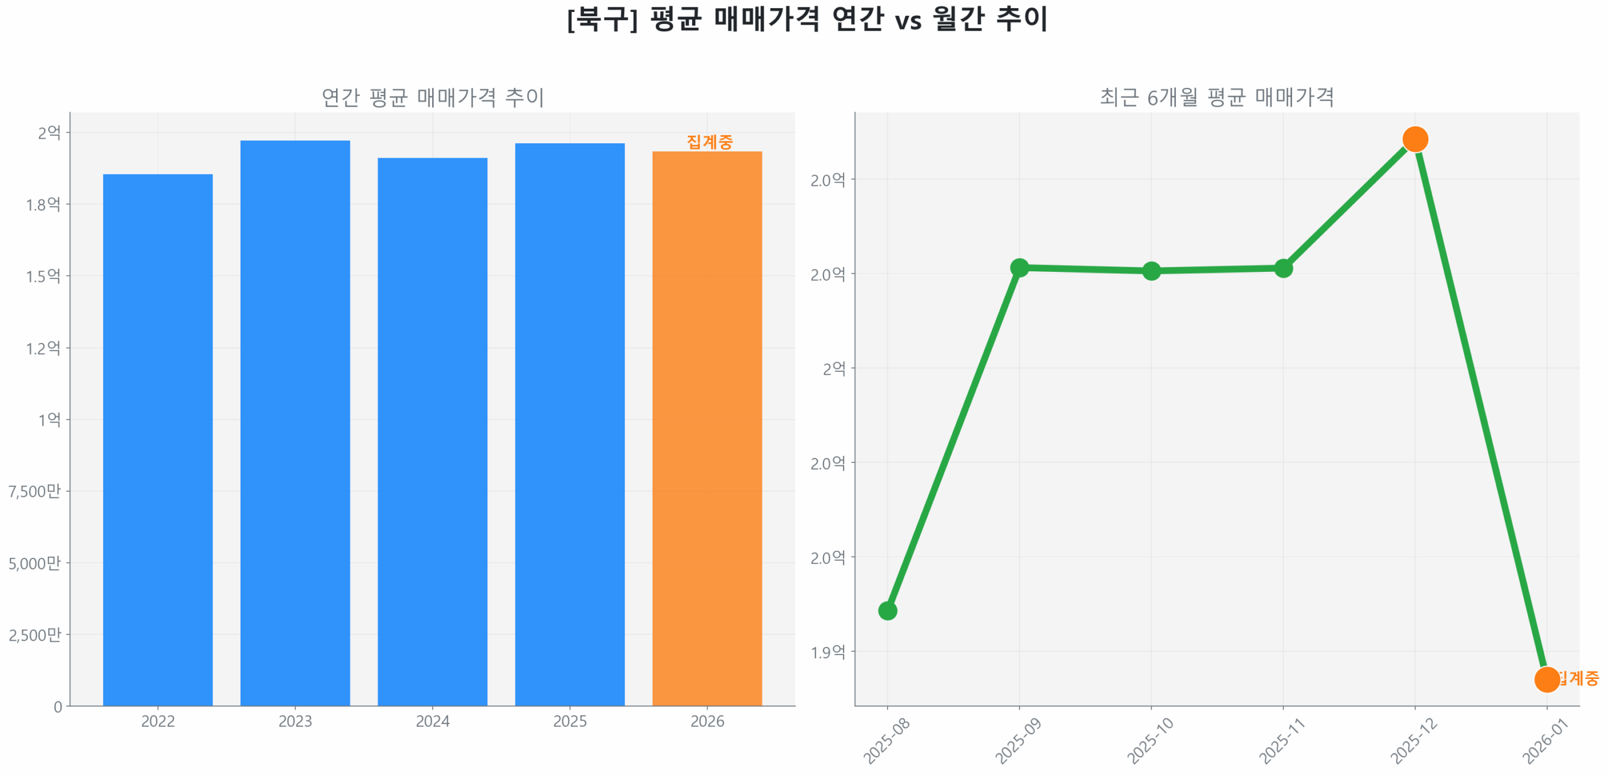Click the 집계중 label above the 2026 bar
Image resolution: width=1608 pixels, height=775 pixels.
(709, 142)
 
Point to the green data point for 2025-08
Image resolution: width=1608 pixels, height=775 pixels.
(887, 610)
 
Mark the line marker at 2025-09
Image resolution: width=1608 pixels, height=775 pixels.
(1019, 268)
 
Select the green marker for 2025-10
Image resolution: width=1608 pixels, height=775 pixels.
(1151, 271)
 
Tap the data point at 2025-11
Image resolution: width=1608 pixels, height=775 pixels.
(1283, 268)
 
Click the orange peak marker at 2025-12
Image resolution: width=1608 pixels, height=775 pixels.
(1415, 139)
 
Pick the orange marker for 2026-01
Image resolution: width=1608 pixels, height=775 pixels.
(1546, 679)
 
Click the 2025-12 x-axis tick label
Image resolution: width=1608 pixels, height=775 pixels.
(1414, 740)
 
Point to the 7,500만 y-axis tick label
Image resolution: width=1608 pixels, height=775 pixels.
(35, 491)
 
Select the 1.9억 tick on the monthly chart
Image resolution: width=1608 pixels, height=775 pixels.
(827, 652)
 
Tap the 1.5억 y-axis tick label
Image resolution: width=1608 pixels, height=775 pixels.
(43, 276)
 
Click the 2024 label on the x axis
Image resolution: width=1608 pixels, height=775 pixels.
(432, 721)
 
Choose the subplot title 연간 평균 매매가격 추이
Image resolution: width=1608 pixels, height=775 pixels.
(432, 97)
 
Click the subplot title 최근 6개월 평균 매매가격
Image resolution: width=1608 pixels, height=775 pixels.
(1217, 97)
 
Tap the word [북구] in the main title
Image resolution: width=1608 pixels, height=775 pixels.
(602, 19)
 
